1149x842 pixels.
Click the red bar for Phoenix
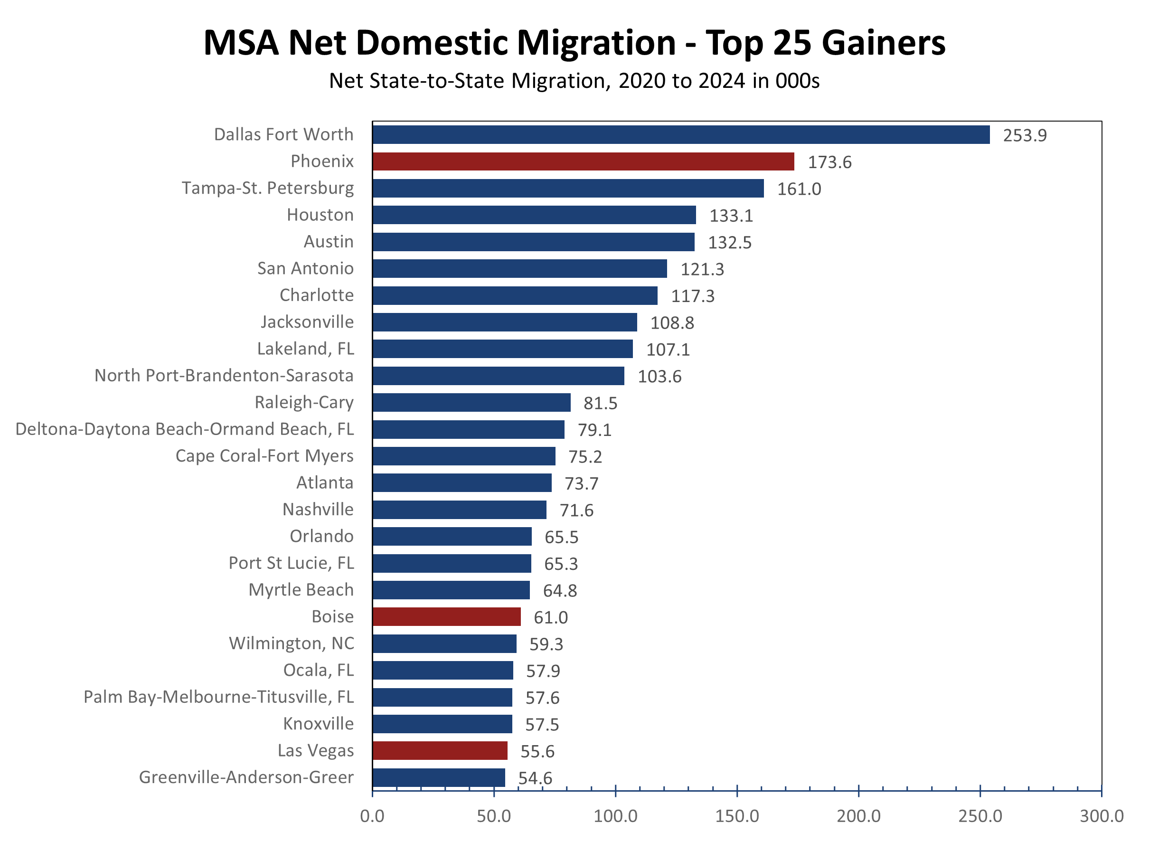pos(583,161)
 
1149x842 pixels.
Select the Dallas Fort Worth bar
pos(681,134)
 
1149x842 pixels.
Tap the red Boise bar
pos(446,617)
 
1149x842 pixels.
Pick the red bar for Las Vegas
pos(440,751)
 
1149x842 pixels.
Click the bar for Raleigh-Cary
pos(471,403)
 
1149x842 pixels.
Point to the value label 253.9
pos(1025,135)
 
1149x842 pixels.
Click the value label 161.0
pos(799,189)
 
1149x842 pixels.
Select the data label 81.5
pos(600,404)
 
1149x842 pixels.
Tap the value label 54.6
pos(535,778)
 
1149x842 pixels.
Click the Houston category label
pos(320,215)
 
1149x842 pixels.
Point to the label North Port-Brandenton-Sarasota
pos(224,376)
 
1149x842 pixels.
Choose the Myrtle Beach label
pos(301,590)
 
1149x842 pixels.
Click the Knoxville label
pos(319,724)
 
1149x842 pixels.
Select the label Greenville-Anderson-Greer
pos(246,777)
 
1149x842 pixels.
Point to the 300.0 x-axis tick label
pos(1102,816)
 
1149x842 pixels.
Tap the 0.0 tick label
pos(372,816)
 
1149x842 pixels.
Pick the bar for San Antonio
pos(519,269)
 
